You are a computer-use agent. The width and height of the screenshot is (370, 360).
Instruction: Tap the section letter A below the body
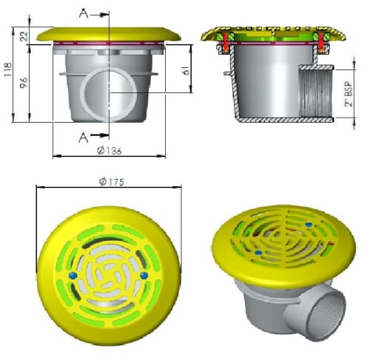point(84,136)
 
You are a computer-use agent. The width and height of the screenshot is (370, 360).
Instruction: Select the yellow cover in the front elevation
point(110,35)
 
